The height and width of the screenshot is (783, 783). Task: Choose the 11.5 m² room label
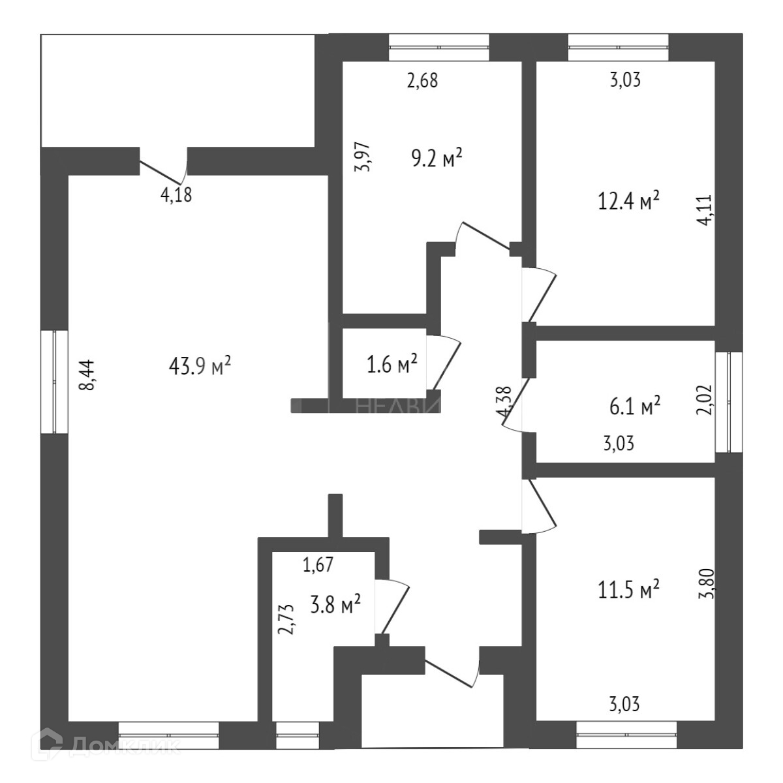pos(628,589)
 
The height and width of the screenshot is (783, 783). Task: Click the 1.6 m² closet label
pos(392,364)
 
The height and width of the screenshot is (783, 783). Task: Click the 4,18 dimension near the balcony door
pos(176,194)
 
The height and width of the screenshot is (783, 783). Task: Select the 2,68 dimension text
pos(422,80)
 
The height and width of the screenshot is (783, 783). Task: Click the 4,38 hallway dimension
pos(503,403)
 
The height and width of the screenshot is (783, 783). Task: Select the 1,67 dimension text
pos(318,564)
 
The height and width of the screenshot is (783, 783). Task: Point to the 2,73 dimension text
pos(288,619)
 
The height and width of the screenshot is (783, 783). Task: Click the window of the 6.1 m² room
pos(729,402)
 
